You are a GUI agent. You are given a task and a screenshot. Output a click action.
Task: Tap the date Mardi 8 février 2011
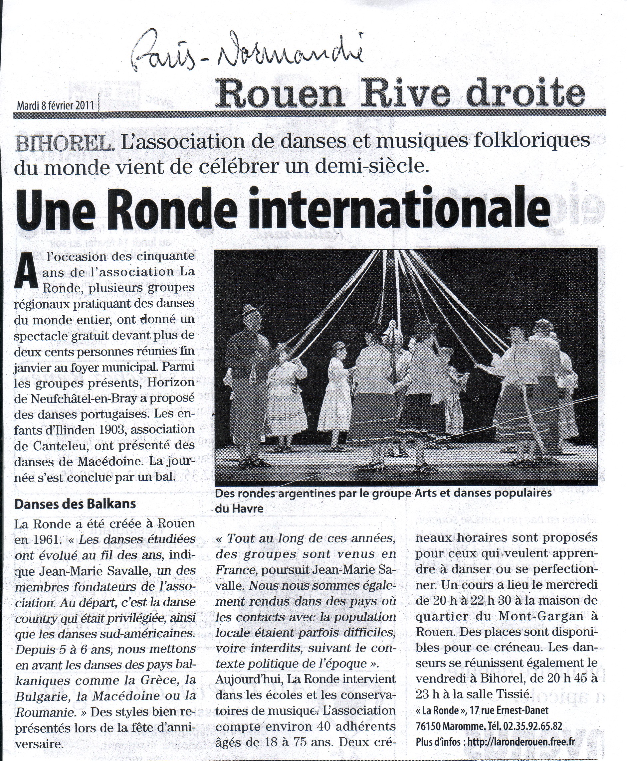click(55, 105)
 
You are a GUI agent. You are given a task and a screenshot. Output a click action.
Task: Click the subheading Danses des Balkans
click(75, 504)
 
